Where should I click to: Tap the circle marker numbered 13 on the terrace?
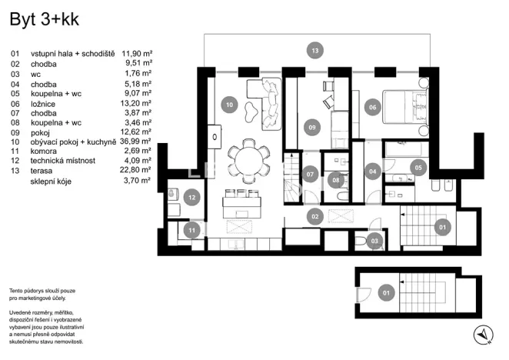[x=314, y=51]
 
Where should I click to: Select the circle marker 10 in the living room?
[x=228, y=104]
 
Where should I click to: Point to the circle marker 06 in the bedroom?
[x=373, y=108]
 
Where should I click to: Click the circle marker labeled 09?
[x=312, y=127]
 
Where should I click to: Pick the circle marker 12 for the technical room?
[x=191, y=198]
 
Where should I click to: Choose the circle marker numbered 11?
[x=192, y=229]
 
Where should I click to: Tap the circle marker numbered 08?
[x=335, y=181]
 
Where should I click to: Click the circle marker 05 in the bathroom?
[x=419, y=166]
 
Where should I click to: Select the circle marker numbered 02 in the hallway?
[x=314, y=218]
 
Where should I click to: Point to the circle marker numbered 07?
[x=311, y=174]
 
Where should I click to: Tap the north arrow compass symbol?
[x=483, y=333]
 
